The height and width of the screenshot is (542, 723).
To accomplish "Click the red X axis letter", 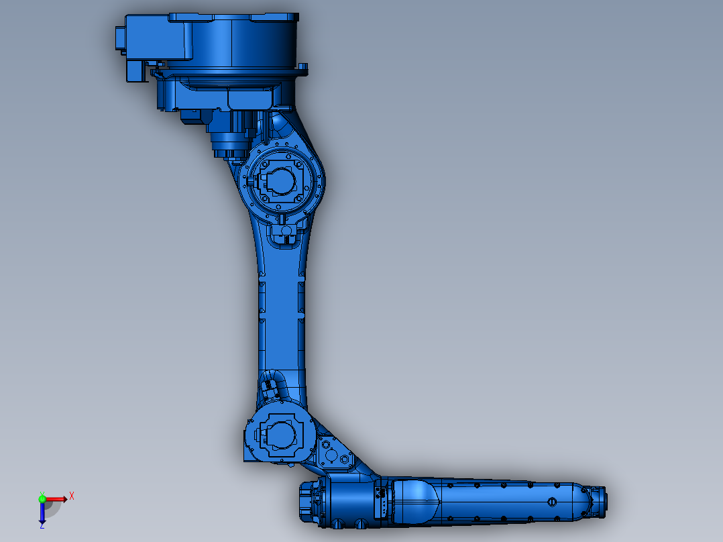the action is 72,496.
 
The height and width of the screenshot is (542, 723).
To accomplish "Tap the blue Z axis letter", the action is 42,525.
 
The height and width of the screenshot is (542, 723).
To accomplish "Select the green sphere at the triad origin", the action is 42,499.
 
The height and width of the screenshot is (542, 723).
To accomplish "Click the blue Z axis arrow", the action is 42,512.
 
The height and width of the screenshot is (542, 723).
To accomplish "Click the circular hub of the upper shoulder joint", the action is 280,179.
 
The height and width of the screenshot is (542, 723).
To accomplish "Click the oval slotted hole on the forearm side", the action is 552,501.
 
